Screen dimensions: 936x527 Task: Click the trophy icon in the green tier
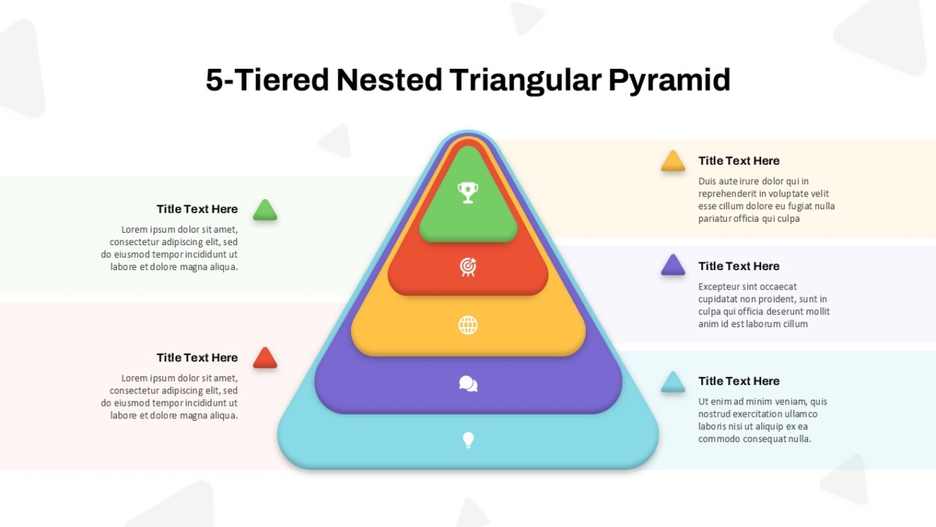click(468, 193)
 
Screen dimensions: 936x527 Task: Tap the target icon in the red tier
click(468, 267)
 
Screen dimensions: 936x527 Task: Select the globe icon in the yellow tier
click(468, 325)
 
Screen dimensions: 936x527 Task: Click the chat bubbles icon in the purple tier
click(468, 383)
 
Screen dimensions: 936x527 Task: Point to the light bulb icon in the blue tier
click(469, 440)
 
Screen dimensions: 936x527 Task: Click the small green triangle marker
click(265, 210)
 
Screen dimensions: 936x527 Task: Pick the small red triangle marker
click(265, 358)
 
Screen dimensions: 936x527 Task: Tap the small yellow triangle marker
click(672, 162)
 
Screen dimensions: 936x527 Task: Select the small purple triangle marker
click(672, 265)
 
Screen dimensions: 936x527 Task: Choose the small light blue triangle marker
click(672, 383)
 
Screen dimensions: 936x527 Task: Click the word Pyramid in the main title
click(669, 80)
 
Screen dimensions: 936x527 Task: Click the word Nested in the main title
click(389, 80)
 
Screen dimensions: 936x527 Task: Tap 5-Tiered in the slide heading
click(268, 80)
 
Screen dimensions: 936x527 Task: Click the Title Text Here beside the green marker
click(197, 209)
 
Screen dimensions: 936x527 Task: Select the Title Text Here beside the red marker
click(197, 358)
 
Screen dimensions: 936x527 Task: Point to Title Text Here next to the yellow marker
click(739, 161)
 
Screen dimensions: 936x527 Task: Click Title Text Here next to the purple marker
click(739, 266)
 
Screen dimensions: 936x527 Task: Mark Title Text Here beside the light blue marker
click(739, 381)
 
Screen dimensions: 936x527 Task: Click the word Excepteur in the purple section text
click(717, 287)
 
